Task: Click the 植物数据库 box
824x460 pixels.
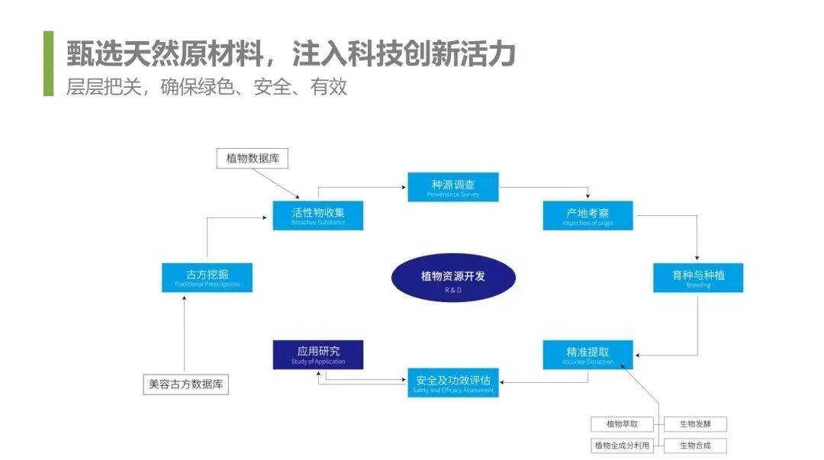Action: click(253, 159)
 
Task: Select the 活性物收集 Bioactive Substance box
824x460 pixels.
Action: click(317, 215)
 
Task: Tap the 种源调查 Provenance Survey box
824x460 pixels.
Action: click(453, 187)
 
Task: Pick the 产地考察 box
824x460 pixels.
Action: click(587, 215)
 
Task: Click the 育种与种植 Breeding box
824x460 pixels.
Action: click(698, 278)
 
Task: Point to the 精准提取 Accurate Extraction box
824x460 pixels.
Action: click(587, 355)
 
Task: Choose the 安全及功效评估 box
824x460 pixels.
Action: click(453, 382)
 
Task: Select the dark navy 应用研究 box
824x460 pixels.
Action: click(317, 355)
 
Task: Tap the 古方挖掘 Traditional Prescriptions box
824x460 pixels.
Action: click(207, 278)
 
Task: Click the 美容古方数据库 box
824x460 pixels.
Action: click(185, 384)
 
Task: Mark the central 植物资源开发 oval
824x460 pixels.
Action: click(453, 278)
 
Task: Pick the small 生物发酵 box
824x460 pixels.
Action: click(694, 424)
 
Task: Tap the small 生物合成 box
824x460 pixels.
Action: click(694, 446)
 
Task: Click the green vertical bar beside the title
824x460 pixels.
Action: click(49, 63)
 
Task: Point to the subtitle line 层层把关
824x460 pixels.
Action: click(206, 87)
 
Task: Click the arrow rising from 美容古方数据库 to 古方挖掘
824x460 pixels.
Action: click(185, 336)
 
